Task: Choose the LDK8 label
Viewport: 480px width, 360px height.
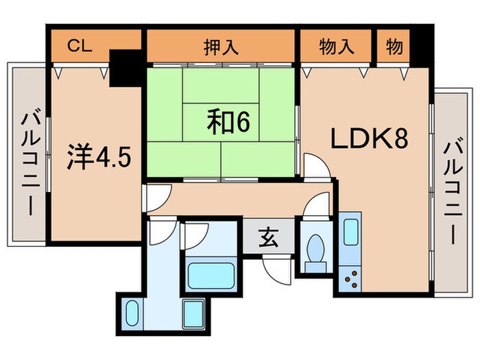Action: click(x=370, y=141)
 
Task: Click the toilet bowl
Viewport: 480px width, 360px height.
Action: click(x=317, y=250)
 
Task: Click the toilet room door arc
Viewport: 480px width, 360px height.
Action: click(x=316, y=206)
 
